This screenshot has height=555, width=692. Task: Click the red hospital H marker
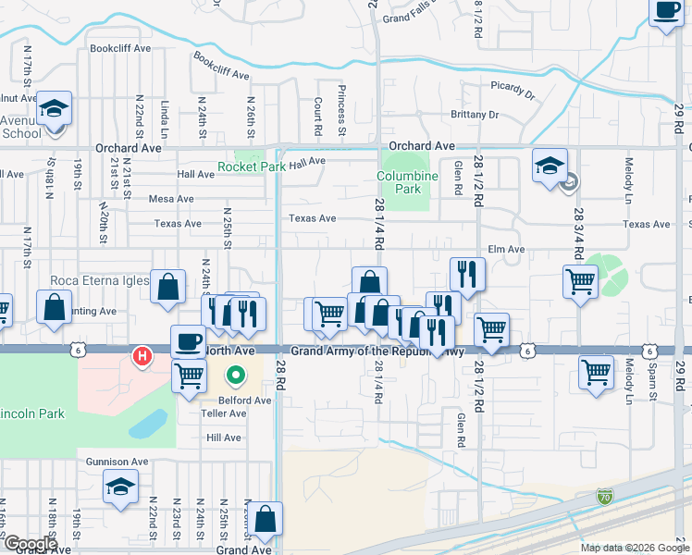[142, 355]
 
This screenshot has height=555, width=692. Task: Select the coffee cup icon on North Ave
[188, 341]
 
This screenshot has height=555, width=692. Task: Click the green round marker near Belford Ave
[235, 376]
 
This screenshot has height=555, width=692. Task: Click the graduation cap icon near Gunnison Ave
[120, 487]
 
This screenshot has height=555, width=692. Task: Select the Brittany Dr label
[475, 115]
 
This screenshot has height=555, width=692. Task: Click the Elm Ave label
[506, 249]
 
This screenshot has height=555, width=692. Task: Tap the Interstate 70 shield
[604, 498]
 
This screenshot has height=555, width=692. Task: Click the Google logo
[30, 544]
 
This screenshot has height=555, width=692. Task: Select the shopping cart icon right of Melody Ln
[597, 372]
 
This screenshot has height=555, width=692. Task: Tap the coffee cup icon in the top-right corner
[666, 11]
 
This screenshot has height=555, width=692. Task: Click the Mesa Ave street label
[171, 199]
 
